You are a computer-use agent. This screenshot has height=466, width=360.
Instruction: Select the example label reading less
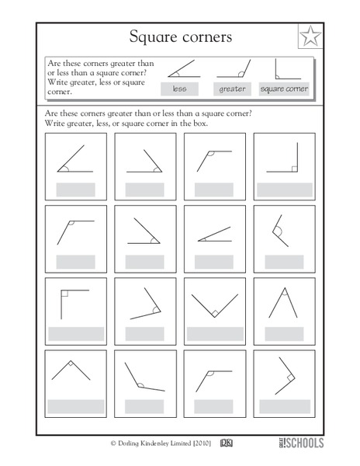179,89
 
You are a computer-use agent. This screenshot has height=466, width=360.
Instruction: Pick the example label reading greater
232,89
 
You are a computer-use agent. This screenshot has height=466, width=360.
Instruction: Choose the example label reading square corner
284,89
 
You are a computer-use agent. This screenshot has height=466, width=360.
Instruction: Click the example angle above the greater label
232,71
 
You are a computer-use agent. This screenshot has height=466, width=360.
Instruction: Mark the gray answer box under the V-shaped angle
214,333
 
